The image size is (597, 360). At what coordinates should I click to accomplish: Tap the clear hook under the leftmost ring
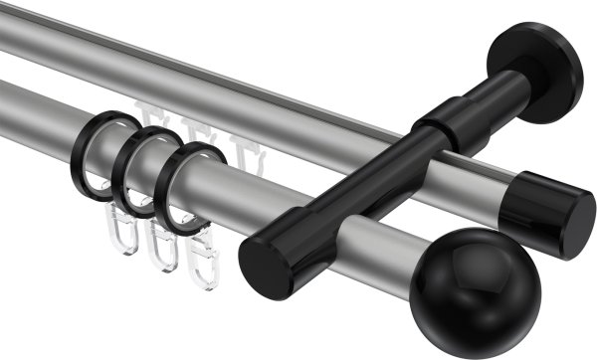click(x=121, y=247)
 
